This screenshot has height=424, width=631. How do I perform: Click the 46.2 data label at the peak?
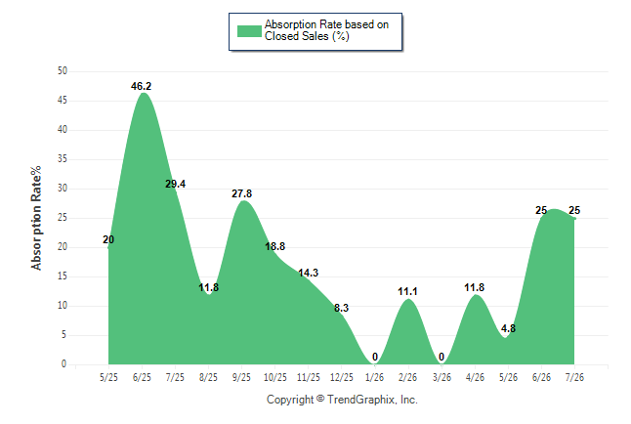click(141, 86)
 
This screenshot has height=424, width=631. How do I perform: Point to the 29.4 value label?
click(175, 184)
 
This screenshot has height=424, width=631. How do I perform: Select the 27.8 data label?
click(241, 194)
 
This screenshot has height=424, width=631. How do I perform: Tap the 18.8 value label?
click(274, 246)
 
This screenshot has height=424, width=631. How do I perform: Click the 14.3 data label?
click(308, 273)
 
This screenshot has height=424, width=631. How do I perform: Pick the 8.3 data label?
click(341, 308)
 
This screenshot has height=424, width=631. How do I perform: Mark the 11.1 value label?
click(407, 291)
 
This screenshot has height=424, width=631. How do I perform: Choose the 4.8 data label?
click(508, 328)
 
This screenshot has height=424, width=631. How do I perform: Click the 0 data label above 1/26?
click(375, 357)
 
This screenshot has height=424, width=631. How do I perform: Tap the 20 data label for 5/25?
click(108, 239)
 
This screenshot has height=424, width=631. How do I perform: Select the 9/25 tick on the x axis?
click(241, 377)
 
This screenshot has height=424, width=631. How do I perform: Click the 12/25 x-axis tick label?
click(341, 377)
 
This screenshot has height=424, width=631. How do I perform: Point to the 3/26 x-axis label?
click(442, 377)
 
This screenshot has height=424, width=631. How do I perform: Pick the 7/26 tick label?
click(574, 377)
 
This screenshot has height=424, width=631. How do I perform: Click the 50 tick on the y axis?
click(63, 71)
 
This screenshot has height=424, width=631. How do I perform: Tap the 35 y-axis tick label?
click(63, 159)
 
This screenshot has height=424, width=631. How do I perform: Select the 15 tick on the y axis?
click(63, 276)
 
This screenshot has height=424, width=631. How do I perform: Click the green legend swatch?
click(249, 31)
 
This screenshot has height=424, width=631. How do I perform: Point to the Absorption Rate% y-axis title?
click(36, 218)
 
